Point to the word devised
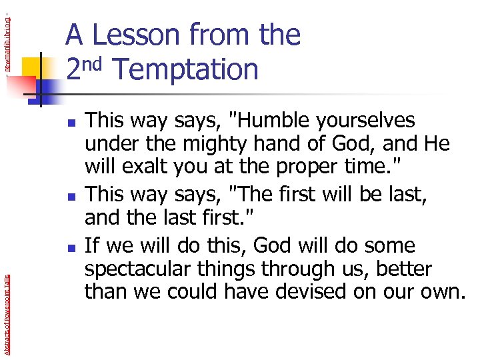(323, 291)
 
